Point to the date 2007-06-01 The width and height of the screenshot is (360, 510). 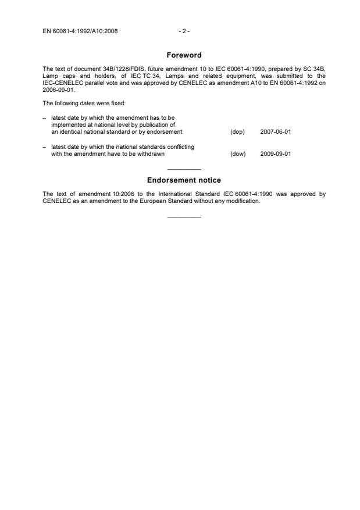[276, 132]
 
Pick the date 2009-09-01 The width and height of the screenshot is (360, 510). [276, 154]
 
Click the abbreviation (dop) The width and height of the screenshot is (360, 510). [237, 132]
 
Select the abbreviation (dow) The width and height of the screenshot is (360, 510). [237, 154]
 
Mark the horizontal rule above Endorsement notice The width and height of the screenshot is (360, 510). [184, 169]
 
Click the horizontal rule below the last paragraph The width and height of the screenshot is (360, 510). [184, 217]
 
